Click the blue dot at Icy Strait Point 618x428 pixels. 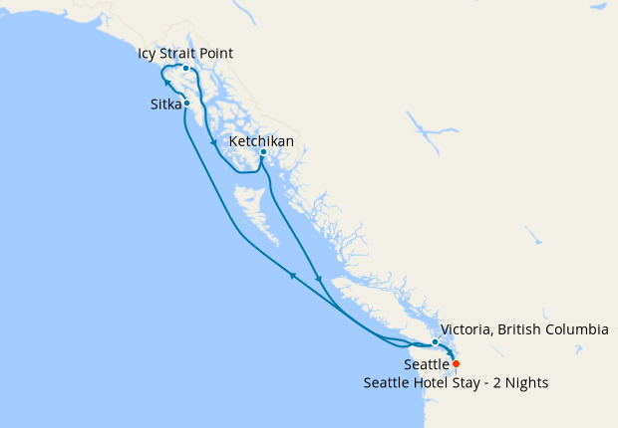click(x=185, y=69)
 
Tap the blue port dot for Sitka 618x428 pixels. click(x=186, y=103)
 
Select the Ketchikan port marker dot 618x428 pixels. click(x=263, y=152)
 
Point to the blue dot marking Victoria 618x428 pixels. click(x=435, y=342)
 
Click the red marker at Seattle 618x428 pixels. click(x=457, y=364)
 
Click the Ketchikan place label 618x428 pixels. click(x=261, y=141)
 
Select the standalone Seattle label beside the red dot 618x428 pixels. click(x=427, y=365)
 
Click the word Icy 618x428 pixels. click(x=149, y=53)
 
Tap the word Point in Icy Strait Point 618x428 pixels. click(x=218, y=53)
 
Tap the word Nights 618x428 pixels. click(x=526, y=382)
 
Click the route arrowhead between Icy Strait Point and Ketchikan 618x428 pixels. click(x=213, y=144)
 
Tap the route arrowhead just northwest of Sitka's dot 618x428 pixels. click(x=168, y=86)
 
